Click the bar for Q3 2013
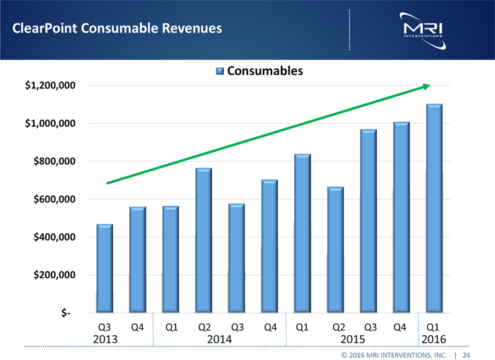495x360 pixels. point(105,269)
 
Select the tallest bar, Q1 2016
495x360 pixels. point(434,209)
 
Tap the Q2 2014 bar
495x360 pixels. point(204,240)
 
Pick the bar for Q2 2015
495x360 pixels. point(335,250)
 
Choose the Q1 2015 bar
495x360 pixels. point(303,233)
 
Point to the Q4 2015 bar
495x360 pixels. point(402,217)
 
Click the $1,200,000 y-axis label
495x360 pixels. point(51,86)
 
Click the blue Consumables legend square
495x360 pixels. point(219,71)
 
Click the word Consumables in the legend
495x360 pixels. point(264,71)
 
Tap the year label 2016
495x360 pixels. point(433,339)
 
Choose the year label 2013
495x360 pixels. point(105,339)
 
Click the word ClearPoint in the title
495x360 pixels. point(42,28)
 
